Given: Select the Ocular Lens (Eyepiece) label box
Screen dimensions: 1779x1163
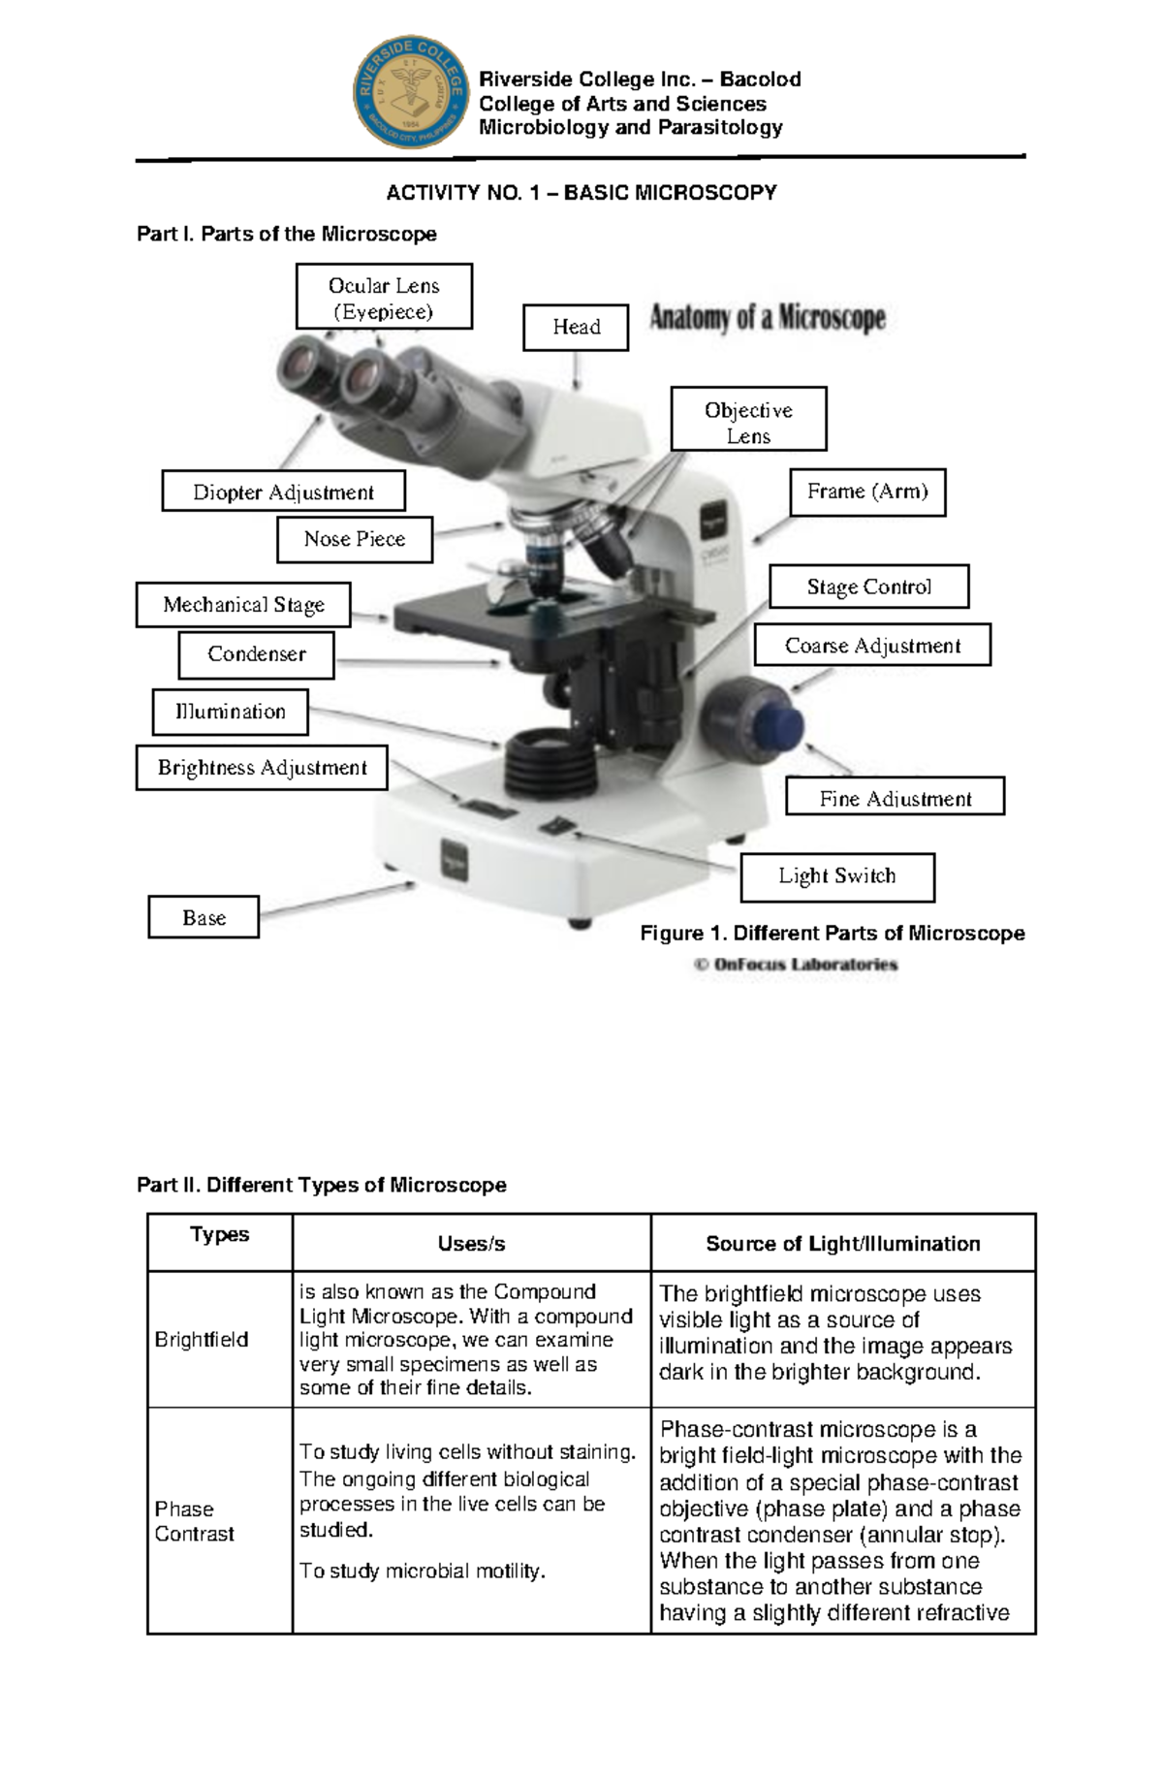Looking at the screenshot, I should (x=384, y=298).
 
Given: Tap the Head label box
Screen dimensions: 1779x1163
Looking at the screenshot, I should (x=576, y=327).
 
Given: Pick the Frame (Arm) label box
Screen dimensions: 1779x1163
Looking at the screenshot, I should (x=867, y=492).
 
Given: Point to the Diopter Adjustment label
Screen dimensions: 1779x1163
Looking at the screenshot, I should (x=283, y=492).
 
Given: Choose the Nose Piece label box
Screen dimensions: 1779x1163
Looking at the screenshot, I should (x=354, y=539).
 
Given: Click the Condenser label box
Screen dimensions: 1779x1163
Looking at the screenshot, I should (x=256, y=654).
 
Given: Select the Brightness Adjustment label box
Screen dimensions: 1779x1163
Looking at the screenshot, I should (x=262, y=768).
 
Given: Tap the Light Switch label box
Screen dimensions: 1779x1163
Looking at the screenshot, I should (x=837, y=876).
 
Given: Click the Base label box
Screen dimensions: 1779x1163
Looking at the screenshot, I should (x=204, y=917).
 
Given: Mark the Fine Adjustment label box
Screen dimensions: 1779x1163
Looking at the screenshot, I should (x=895, y=799).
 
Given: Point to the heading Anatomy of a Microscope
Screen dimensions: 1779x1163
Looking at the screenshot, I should (x=767, y=319).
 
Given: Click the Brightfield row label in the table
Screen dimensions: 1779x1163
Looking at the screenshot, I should (x=202, y=1339).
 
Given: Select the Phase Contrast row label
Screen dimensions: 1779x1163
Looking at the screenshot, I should (x=194, y=1521).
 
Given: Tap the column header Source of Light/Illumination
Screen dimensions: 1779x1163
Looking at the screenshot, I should (x=842, y=1244).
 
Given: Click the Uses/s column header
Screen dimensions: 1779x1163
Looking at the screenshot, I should (x=471, y=1244).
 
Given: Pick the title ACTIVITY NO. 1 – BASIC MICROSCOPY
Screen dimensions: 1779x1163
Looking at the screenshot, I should (x=581, y=193).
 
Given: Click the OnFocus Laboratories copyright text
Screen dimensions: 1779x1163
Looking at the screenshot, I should (x=796, y=965).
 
